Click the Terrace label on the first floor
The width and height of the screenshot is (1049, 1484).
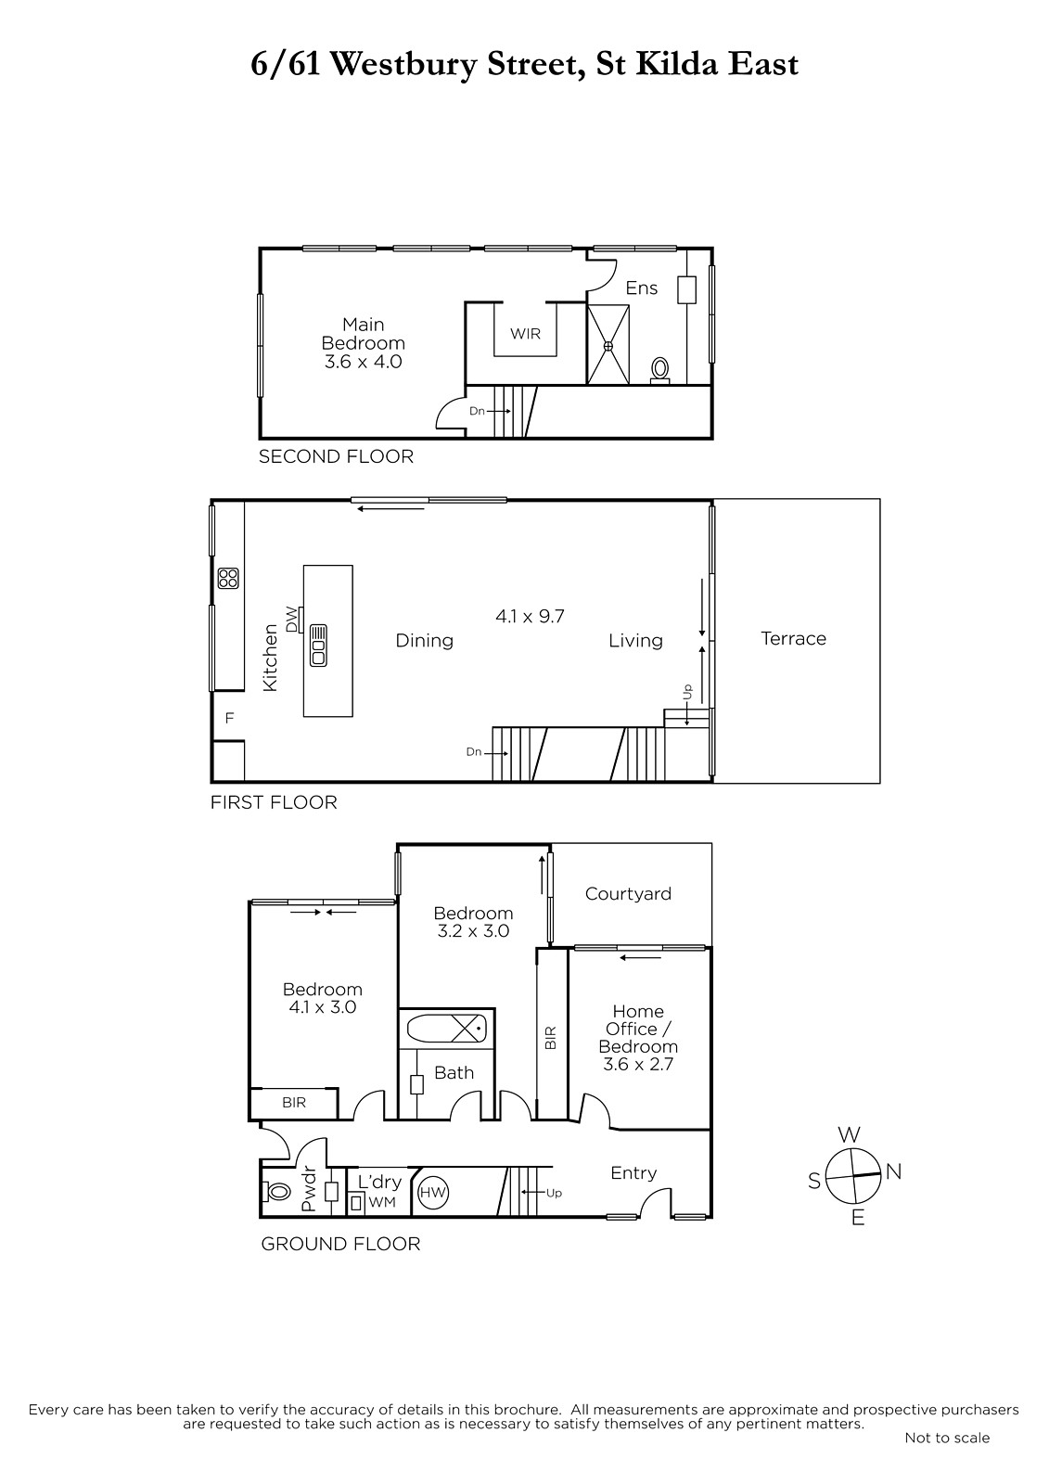[x=793, y=639]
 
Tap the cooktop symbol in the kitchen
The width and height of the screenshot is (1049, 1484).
[x=228, y=578]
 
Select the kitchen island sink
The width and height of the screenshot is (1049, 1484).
[x=318, y=645]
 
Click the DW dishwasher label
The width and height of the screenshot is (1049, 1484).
[x=291, y=620]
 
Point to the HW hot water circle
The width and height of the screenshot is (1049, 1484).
[x=433, y=1193]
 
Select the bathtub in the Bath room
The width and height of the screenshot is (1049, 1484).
[x=446, y=1029]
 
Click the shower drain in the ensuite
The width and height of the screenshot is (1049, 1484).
[x=608, y=346]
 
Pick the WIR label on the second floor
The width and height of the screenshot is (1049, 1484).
[x=525, y=334]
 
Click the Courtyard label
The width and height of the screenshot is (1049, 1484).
[x=628, y=894]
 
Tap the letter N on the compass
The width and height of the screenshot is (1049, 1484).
[x=893, y=1172]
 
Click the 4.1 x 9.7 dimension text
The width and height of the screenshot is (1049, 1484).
[x=530, y=617]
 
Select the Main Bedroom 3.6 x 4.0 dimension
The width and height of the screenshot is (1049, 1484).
[x=364, y=362]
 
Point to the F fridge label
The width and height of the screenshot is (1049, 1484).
[x=229, y=718]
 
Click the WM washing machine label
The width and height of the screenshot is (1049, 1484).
[x=382, y=1202]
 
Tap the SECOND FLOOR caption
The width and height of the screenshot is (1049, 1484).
[x=336, y=456]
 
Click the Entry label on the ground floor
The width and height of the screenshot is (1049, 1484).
[x=633, y=1173]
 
